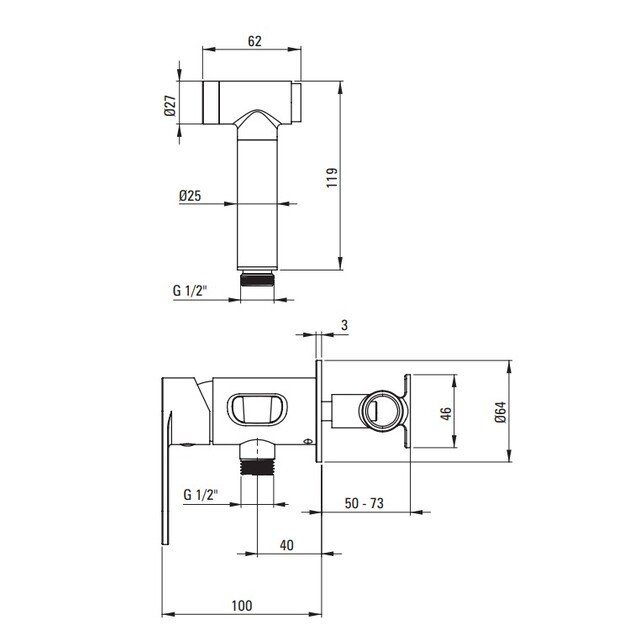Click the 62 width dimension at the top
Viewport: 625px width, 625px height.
pyautogui.click(x=255, y=41)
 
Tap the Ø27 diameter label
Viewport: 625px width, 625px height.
pyautogui.click(x=170, y=106)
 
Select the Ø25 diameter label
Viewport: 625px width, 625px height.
pyautogui.click(x=190, y=196)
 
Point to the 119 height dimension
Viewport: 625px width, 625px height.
pyautogui.click(x=332, y=178)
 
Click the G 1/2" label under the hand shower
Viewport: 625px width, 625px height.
pyautogui.click(x=190, y=291)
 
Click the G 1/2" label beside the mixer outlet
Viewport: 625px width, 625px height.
pyautogui.click(x=201, y=495)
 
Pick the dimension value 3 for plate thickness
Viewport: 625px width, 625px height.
pyautogui.click(x=344, y=325)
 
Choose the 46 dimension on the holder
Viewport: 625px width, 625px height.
pyautogui.click(x=446, y=413)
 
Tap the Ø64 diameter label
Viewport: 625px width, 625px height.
pyautogui.click(x=500, y=412)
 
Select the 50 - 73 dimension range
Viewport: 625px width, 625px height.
pyautogui.click(x=364, y=503)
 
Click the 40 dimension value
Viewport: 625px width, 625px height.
pyautogui.click(x=286, y=545)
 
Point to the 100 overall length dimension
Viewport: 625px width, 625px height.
pyautogui.click(x=242, y=606)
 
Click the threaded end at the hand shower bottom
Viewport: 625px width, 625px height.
pyautogui.click(x=257, y=279)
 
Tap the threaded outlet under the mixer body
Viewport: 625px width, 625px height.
pyautogui.click(x=257, y=467)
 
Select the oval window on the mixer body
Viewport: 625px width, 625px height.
pyautogui.click(x=257, y=409)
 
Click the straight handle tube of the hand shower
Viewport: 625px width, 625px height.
pyautogui.click(x=257, y=203)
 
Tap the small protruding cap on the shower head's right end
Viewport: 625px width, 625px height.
pyautogui.click(x=297, y=102)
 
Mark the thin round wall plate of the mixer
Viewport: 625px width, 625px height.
pyautogui.click(x=319, y=411)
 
